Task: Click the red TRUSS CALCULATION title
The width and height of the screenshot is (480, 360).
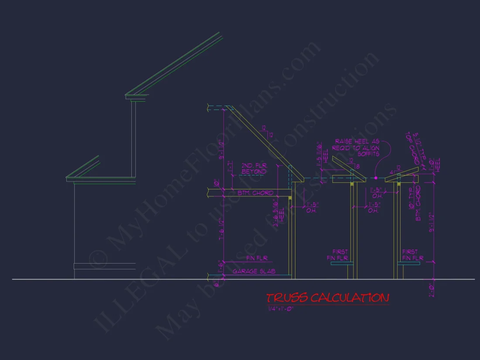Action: pos(327,298)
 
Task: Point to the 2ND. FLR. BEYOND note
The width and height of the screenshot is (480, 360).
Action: pos(254,169)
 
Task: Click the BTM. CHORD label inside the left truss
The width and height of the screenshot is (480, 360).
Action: pos(256,192)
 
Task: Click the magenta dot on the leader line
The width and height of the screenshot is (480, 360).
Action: pos(376,178)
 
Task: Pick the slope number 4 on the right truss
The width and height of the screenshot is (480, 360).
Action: pos(392,172)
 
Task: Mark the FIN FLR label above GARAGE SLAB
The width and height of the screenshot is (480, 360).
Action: pos(256,258)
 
